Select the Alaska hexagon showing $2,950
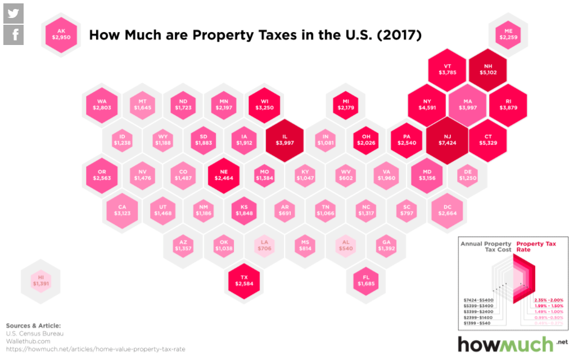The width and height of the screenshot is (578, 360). coord(61,34)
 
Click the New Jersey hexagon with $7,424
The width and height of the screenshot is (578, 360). coord(448,140)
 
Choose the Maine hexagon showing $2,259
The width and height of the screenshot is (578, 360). coord(508,34)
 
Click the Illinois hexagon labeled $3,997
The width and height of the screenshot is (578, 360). coord(285,140)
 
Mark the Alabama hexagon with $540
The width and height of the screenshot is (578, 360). coord(346,245)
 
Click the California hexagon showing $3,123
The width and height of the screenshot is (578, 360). coord(122,210)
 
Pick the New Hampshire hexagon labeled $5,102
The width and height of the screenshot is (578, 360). coord(488,69)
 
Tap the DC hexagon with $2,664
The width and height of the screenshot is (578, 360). coord(448,210)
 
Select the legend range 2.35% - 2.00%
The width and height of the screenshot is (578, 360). coord(548,300)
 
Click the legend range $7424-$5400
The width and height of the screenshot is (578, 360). coord(477,300)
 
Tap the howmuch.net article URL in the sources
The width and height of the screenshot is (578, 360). coord(95,349)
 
